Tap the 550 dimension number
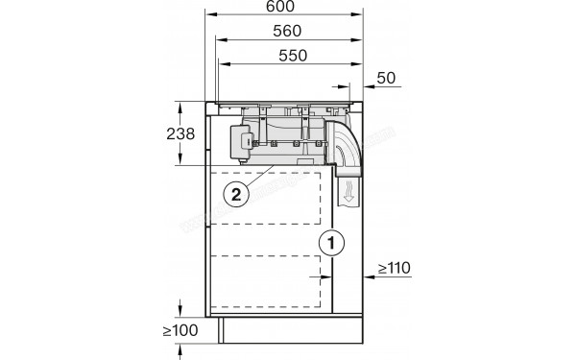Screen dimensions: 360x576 pos(291,55)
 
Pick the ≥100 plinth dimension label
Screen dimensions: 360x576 pos(181,331)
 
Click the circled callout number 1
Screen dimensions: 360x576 pos(329,243)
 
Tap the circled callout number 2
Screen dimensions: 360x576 pos(236,192)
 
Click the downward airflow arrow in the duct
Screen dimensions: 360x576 pos(349,198)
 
